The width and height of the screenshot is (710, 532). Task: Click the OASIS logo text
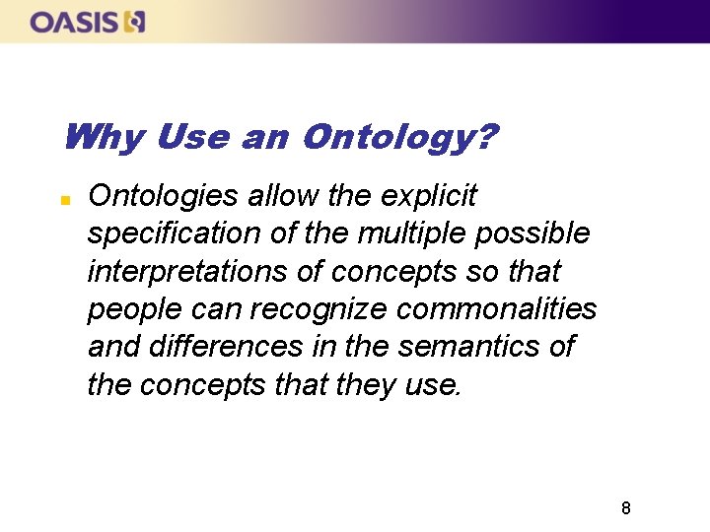tap(74, 21)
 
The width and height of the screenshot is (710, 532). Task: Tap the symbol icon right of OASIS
tap(134, 21)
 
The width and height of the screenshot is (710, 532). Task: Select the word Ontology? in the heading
tap(399, 137)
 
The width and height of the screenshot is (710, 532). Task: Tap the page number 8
tap(625, 508)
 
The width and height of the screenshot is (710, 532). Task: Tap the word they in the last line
tap(365, 384)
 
